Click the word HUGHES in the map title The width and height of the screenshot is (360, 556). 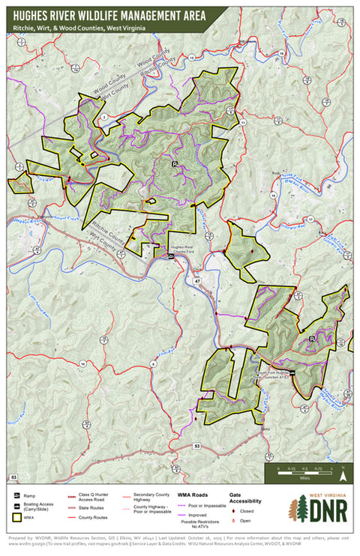click(x=34, y=14)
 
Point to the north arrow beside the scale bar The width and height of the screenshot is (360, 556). click(x=342, y=473)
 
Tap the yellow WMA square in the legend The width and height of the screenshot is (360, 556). click(x=16, y=517)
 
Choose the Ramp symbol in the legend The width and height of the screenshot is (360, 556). click(x=16, y=495)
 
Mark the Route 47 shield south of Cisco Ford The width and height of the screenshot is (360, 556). click(x=197, y=279)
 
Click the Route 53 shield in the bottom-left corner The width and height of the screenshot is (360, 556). click(x=13, y=477)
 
